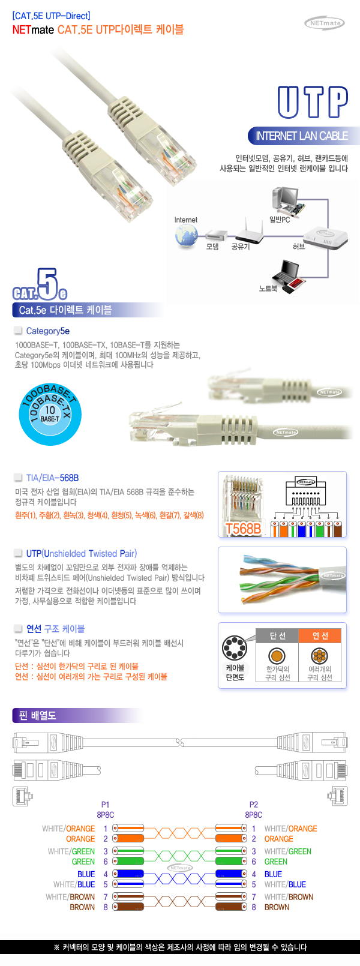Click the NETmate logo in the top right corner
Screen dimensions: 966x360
pos(325,23)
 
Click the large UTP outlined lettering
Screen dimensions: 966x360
pos(313,102)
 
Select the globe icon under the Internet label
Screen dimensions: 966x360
pos(187,236)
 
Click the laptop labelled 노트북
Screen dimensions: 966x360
pos(291,277)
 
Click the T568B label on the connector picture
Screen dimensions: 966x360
pos(243,529)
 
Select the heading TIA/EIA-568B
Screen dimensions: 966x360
pos(52,478)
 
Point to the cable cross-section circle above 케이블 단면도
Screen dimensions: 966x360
pos(235,648)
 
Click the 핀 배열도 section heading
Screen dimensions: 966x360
pos(38,716)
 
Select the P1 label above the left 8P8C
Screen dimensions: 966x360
pos(106,805)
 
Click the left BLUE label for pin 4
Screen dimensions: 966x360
pos(86,874)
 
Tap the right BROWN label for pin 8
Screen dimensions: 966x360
pos(277,907)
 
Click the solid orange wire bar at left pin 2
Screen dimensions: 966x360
pos(128,839)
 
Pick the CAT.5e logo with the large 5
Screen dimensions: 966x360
pos(40,285)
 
